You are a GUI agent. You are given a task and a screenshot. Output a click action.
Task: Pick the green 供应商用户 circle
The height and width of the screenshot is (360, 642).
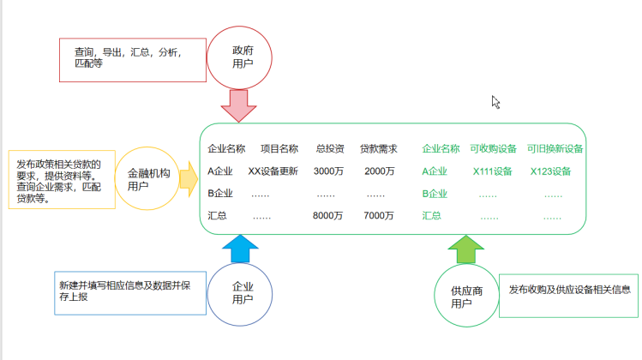pyautogui.click(x=466, y=296)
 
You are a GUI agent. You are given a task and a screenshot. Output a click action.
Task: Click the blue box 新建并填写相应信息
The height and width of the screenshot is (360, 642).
pyautogui.click(x=129, y=291)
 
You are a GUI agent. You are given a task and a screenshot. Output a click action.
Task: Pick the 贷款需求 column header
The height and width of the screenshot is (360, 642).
pyautogui.click(x=378, y=148)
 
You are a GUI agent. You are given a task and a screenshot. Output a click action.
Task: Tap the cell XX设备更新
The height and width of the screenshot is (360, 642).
pyautogui.click(x=273, y=171)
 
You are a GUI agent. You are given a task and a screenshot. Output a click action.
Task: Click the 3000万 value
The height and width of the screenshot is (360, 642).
pyautogui.click(x=329, y=171)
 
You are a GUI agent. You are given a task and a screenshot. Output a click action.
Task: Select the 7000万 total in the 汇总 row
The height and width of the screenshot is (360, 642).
pyautogui.click(x=378, y=216)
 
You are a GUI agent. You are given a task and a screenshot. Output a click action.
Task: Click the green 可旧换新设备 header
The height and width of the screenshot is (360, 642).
pyautogui.click(x=555, y=148)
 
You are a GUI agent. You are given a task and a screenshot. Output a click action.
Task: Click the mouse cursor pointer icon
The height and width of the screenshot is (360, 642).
pyautogui.click(x=495, y=102)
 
